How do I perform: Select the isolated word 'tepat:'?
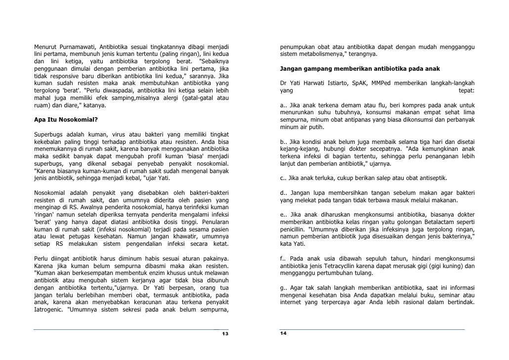[466, 91]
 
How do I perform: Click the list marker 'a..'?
[283, 105]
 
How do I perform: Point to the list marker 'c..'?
[283, 179]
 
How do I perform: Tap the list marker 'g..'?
[283, 287]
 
